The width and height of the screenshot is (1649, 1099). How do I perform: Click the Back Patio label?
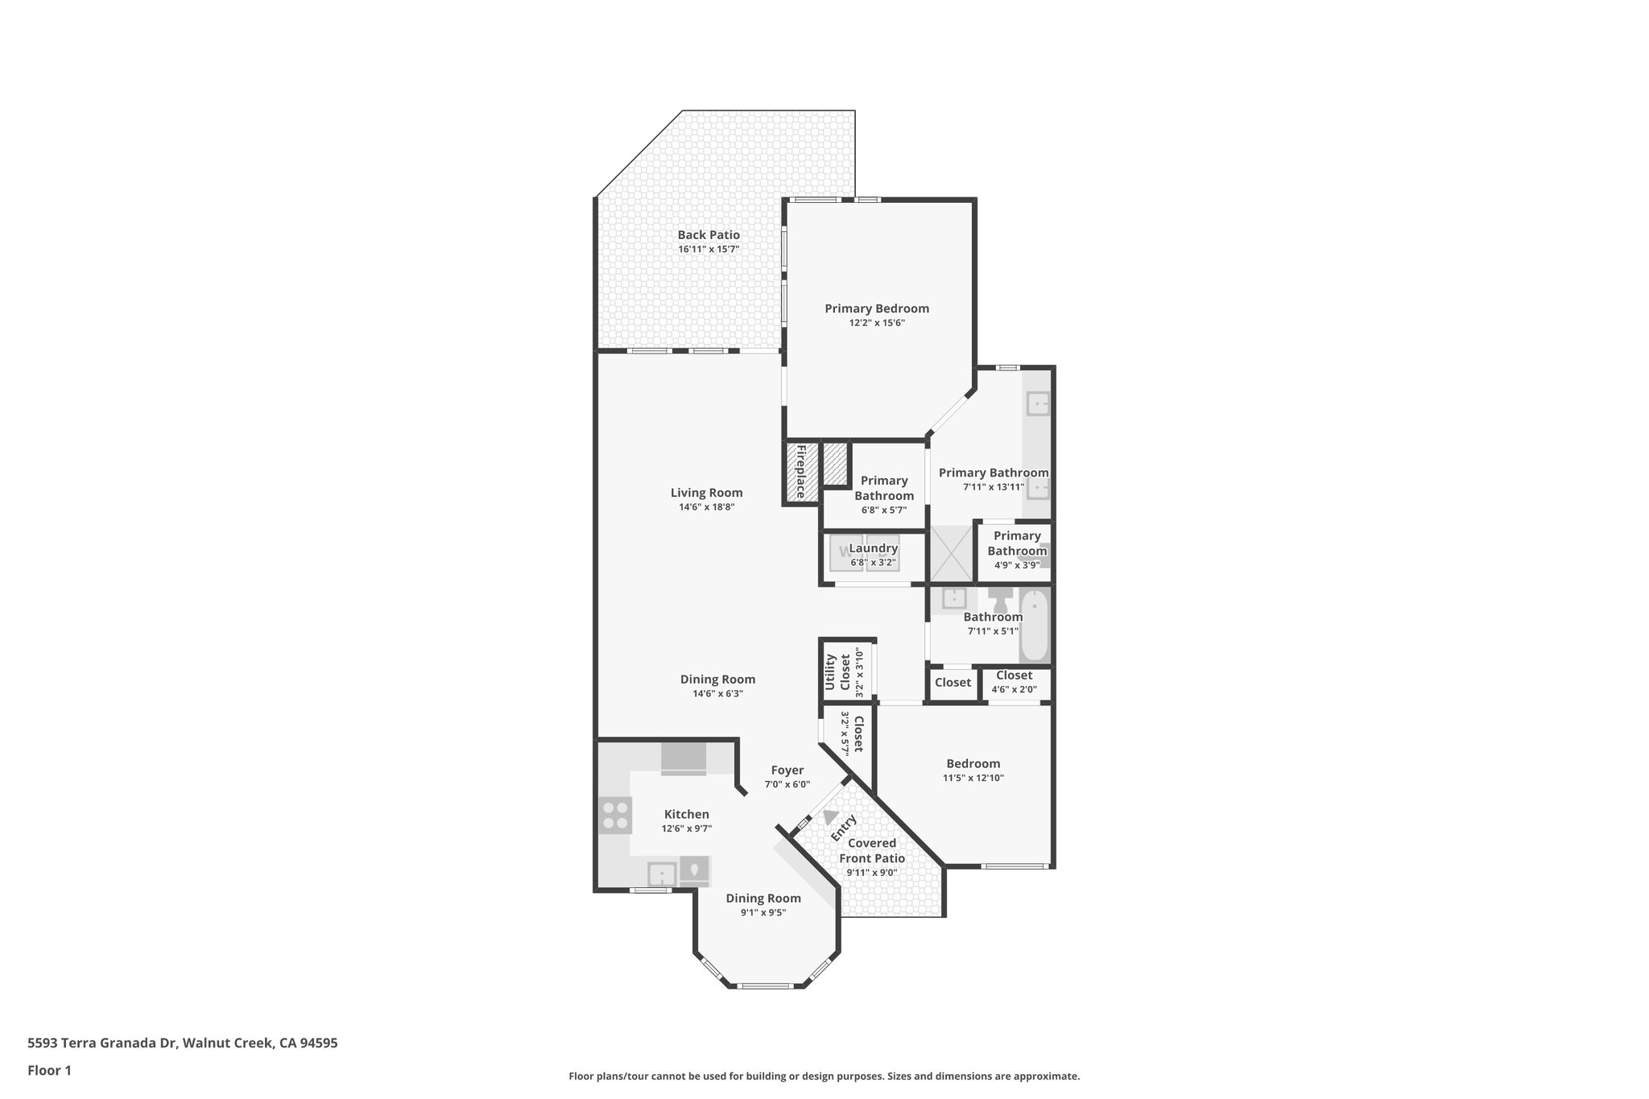pyautogui.click(x=708, y=235)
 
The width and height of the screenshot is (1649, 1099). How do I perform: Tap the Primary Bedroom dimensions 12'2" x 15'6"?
pyautogui.click(x=876, y=323)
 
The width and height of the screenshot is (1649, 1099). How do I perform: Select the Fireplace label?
pyautogui.click(x=801, y=473)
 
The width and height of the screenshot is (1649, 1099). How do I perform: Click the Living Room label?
pyautogui.click(x=706, y=493)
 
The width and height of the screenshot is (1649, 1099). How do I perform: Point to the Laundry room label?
pyautogui.click(x=873, y=548)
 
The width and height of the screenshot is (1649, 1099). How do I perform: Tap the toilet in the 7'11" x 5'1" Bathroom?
pyautogui.click(x=1001, y=600)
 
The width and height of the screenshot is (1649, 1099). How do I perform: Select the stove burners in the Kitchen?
pyautogui.click(x=615, y=816)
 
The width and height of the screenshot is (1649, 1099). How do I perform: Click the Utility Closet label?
pyautogui.click(x=837, y=672)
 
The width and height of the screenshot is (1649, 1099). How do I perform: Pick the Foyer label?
pyautogui.click(x=787, y=771)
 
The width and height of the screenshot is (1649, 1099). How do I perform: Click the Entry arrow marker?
pyautogui.click(x=830, y=816)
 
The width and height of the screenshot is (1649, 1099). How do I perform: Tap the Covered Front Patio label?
pyautogui.click(x=872, y=851)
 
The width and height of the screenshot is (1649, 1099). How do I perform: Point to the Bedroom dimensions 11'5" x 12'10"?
pyautogui.click(x=973, y=778)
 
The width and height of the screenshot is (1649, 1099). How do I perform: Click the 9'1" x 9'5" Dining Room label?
pyautogui.click(x=763, y=899)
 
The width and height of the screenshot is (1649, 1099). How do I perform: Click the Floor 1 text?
pyautogui.click(x=49, y=1071)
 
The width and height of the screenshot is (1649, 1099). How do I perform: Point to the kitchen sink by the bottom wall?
pyautogui.click(x=662, y=873)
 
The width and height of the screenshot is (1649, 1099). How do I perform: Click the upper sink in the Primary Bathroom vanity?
pyautogui.click(x=1038, y=403)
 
